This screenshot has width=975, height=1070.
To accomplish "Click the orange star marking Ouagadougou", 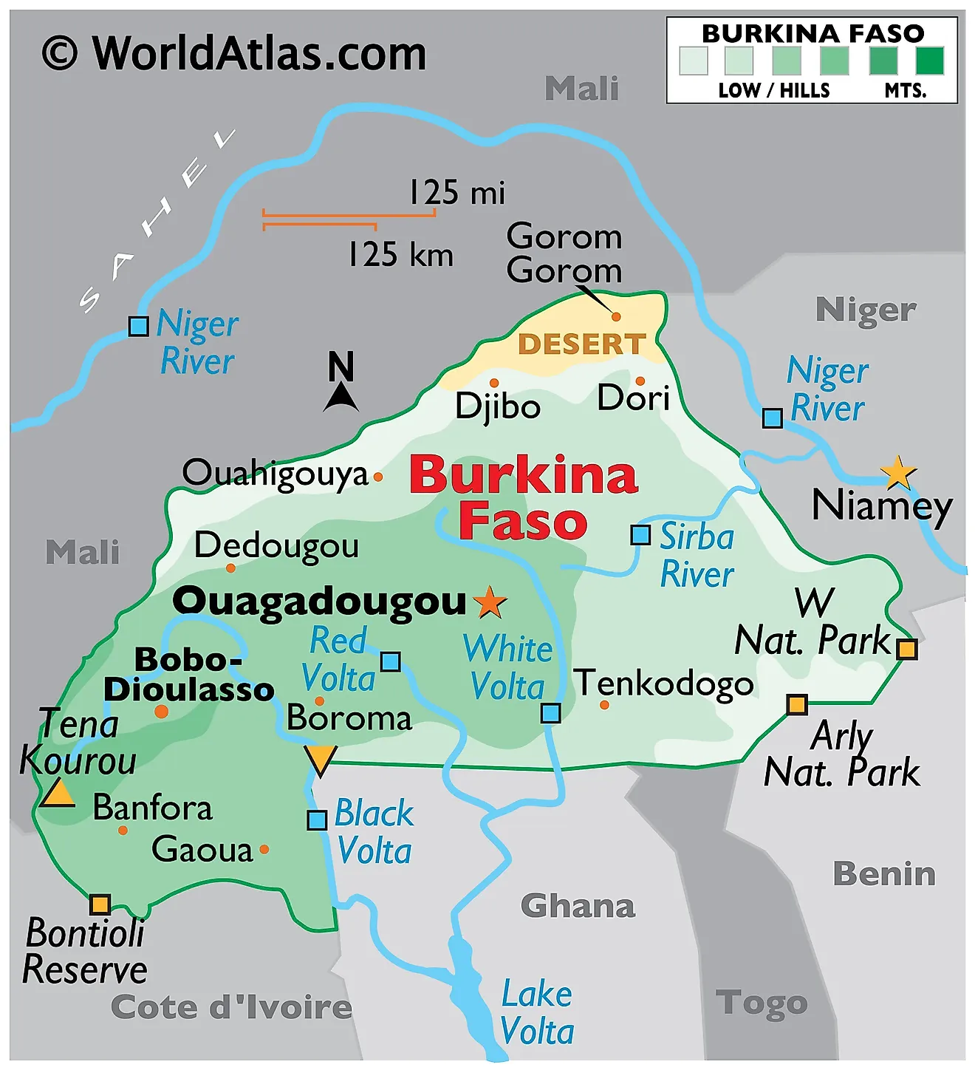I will point(490,602).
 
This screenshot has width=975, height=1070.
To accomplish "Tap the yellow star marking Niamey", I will point(898,472).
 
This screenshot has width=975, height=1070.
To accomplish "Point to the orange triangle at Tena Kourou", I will point(57,794).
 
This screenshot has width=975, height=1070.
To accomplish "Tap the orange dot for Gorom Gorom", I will point(616,316).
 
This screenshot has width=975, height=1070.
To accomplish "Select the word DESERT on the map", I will point(582,344).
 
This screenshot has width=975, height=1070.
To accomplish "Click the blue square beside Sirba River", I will point(640,534).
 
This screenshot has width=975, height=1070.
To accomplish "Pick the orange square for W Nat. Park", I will point(906,649).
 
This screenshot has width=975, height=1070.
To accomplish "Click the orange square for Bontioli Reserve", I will point(100,904).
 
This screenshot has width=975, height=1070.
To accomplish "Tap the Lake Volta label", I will point(537,1012).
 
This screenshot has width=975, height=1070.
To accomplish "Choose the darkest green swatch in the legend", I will point(929,61).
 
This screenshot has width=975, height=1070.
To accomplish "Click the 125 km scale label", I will point(400,254).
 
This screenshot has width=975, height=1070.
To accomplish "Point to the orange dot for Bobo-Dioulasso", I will point(161,712).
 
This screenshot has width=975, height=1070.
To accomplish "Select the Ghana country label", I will point(578,906).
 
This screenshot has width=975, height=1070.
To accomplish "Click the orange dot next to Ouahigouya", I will point(378,477).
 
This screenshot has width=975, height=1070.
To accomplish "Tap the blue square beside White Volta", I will point(550,713).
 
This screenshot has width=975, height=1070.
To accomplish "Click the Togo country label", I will point(762,1003).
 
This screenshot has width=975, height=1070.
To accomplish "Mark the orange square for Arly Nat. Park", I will point(796,704).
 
